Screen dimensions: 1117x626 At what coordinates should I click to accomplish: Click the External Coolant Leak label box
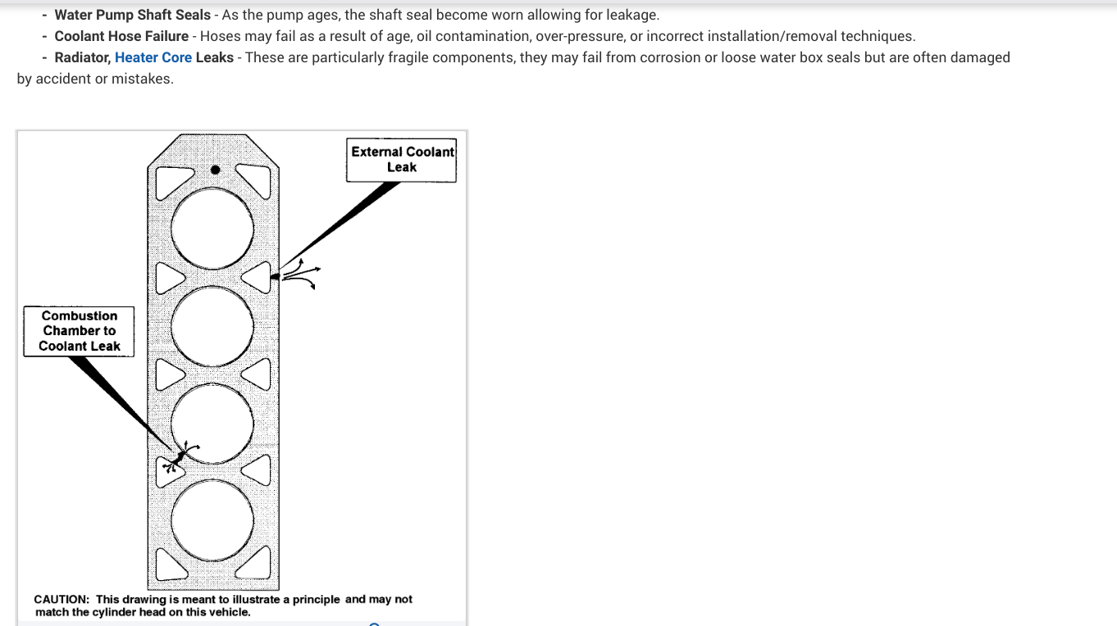point(401,160)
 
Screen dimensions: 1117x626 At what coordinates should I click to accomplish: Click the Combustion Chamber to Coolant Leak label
point(80,331)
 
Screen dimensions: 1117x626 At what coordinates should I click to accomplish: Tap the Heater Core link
point(153,57)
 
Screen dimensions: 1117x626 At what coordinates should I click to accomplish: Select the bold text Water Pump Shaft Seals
point(132,15)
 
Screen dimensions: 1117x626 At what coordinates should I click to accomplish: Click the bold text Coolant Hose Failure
point(121,36)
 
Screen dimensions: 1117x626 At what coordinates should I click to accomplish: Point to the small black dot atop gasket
point(215,170)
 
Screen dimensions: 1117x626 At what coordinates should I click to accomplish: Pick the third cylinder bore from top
point(213,424)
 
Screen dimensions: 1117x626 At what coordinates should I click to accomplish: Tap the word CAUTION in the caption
point(62,600)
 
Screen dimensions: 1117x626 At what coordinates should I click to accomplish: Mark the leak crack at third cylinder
point(180,456)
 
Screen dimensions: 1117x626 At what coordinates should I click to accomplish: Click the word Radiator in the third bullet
point(82,57)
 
